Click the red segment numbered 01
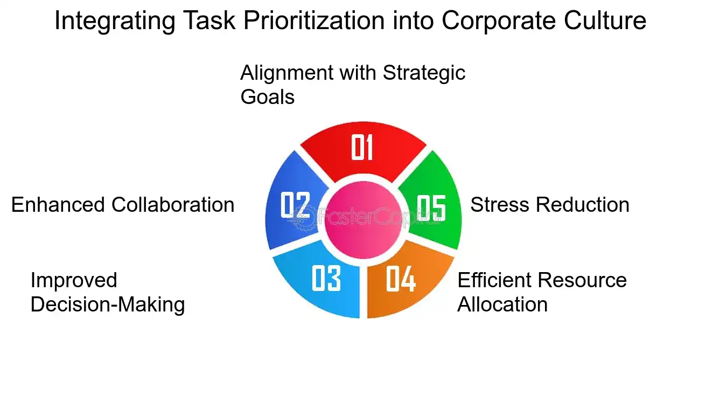363,148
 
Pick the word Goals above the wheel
267,97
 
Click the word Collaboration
173,205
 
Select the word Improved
74,280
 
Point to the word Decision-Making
108,304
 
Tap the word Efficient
493,280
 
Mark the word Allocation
502,304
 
